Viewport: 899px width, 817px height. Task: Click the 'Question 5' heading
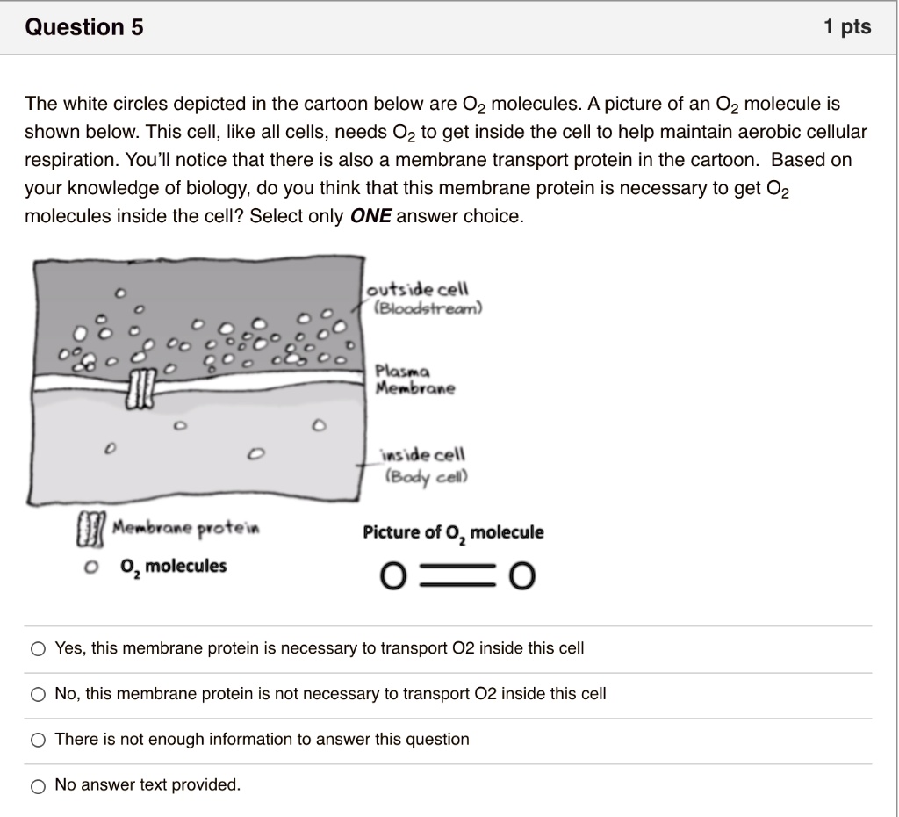tap(84, 27)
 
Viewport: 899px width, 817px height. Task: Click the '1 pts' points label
tap(847, 27)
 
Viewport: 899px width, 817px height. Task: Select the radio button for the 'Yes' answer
tap(38, 649)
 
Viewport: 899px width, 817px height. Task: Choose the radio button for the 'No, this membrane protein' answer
tap(38, 694)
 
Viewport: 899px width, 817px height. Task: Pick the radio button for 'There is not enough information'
tap(38, 740)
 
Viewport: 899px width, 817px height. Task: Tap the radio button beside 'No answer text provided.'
tap(38, 785)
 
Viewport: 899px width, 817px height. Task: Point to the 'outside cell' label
tap(418, 289)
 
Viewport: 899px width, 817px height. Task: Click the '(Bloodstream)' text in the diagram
tap(428, 308)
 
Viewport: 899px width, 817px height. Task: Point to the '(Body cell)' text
tap(426, 476)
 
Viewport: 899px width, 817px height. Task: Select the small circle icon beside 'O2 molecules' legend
tap(90, 567)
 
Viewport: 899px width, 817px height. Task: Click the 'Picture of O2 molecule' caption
tap(453, 532)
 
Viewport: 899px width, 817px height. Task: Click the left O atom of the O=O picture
tap(392, 578)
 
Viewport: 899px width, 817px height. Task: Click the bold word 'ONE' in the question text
tap(370, 217)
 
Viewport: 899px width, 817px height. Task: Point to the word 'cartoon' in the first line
tap(329, 105)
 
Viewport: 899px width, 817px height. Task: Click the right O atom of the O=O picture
tap(521, 578)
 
